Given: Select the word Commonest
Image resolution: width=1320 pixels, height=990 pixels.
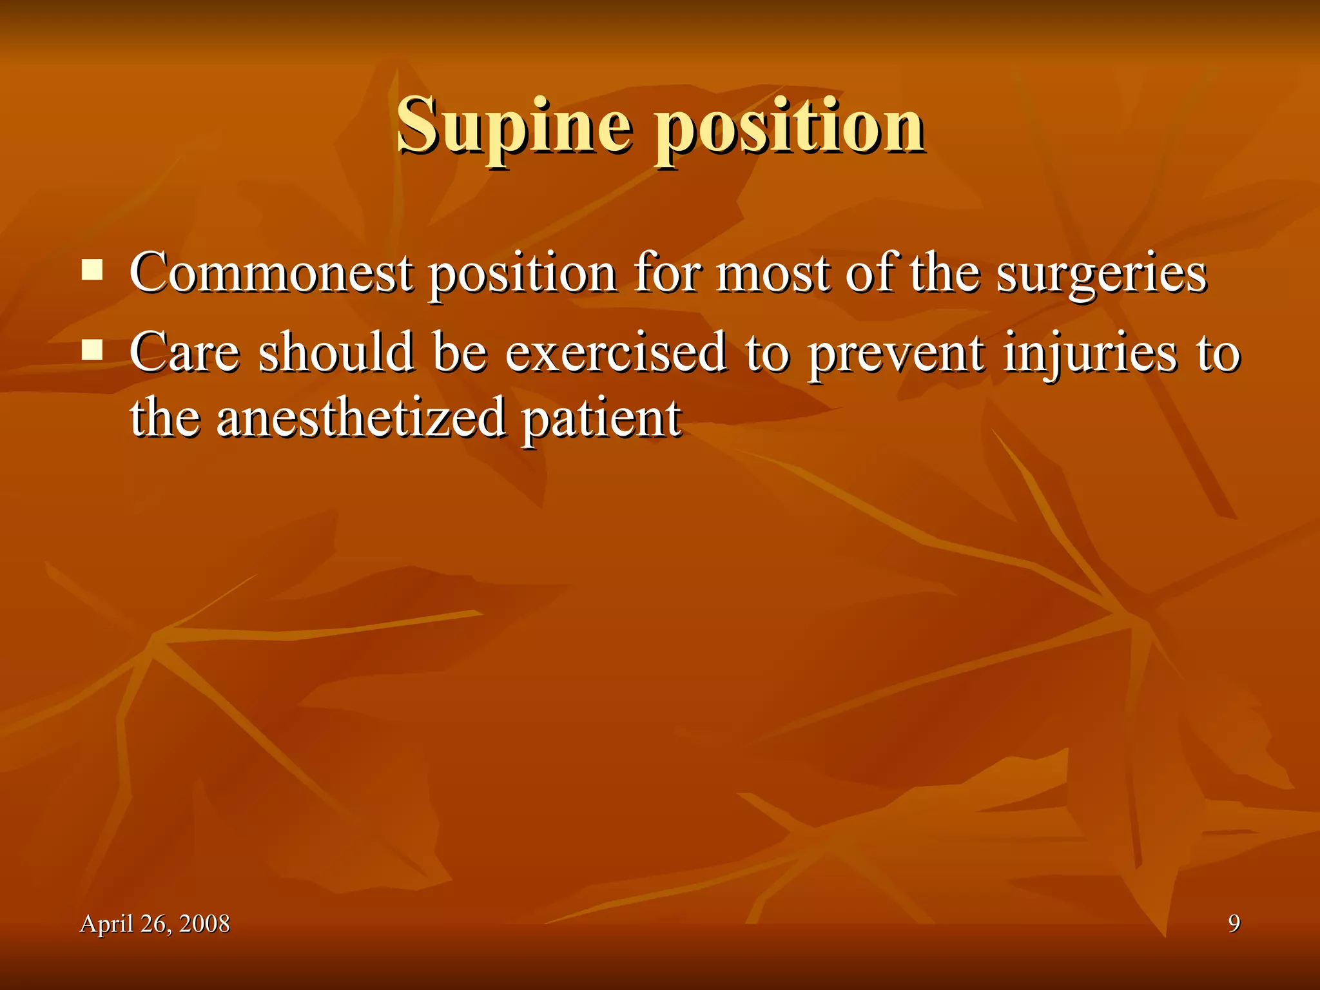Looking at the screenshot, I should click(271, 273).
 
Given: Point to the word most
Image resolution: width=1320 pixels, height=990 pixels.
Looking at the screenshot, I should click(773, 274).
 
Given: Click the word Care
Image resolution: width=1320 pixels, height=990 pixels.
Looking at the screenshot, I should click(184, 353).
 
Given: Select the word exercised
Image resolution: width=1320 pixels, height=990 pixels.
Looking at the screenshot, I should click(616, 353).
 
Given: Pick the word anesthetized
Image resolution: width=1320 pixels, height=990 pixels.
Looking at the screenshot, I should click(361, 418).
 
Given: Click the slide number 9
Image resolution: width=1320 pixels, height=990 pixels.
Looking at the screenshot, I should click(1234, 924).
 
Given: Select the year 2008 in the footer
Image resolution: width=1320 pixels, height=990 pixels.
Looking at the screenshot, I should click(204, 924).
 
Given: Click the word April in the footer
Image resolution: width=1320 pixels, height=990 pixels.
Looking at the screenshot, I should click(106, 924).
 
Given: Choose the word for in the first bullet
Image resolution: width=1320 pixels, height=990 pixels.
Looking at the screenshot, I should click(666, 273).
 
